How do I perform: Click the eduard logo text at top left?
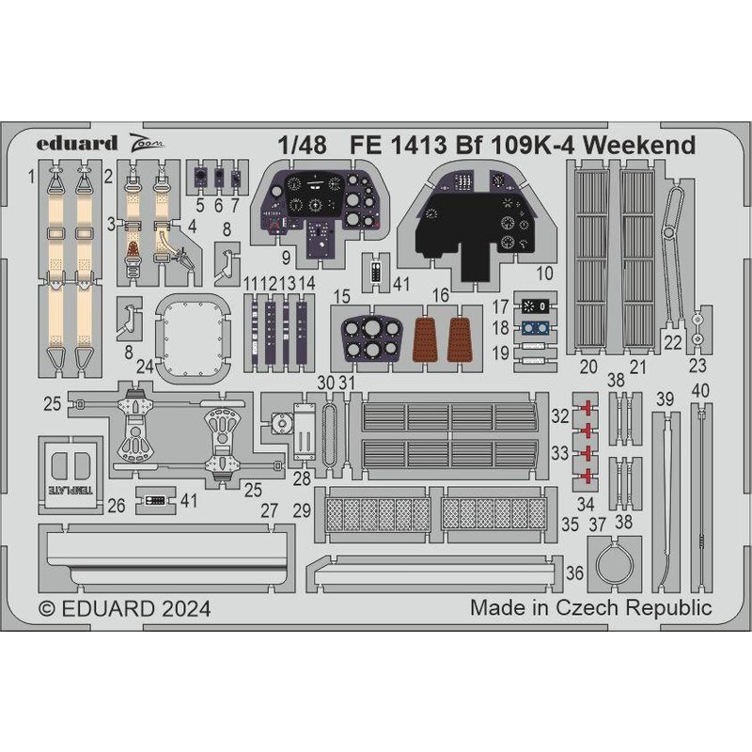click(77, 144)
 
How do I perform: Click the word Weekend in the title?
click(640, 145)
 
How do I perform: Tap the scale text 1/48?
click(302, 146)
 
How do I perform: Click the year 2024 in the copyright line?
click(186, 609)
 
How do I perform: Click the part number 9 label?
click(286, 258)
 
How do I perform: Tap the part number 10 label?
click(544, 274)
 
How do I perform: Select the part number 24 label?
click(145, 367)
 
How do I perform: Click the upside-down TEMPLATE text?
click(70, 490)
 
